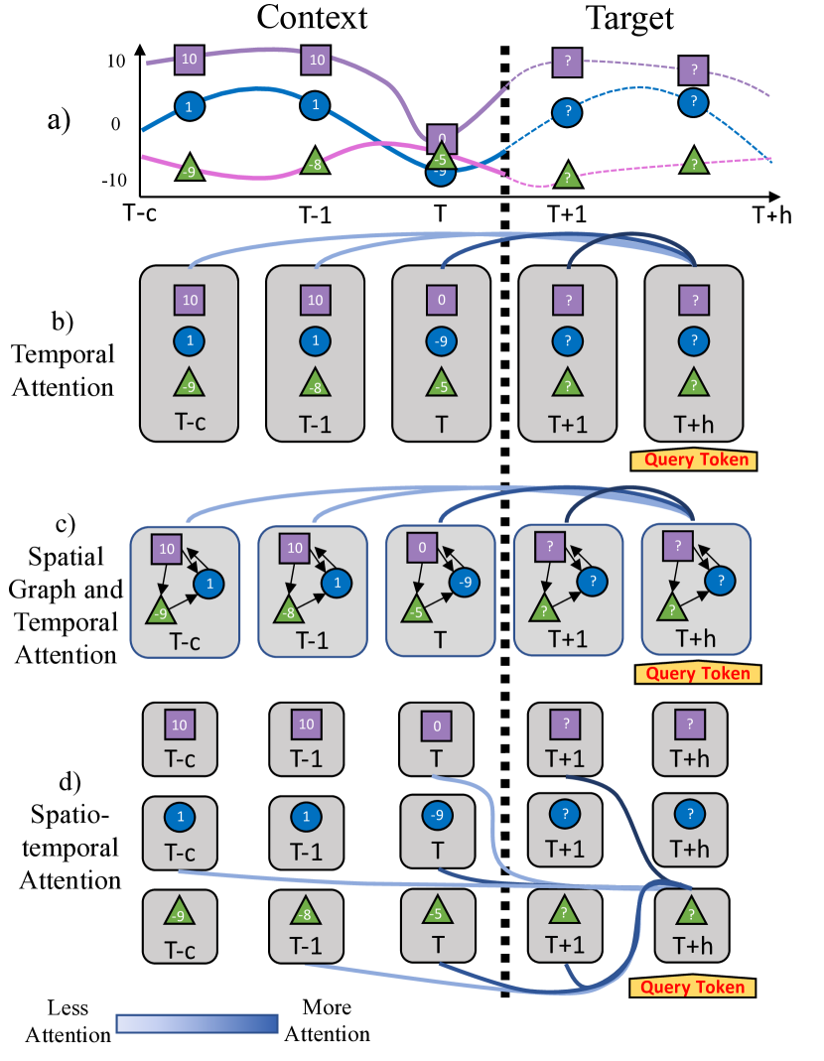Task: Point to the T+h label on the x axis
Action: [771, 214]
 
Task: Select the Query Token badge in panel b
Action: [694, 460]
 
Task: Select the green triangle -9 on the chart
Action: [190, 171]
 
